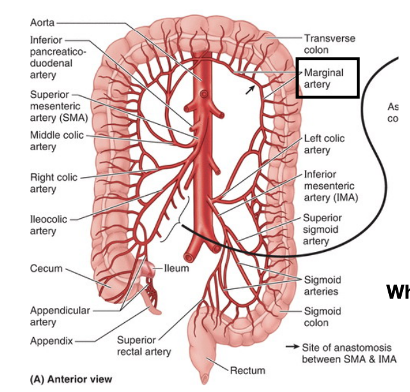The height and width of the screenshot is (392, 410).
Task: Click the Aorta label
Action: (43, 22)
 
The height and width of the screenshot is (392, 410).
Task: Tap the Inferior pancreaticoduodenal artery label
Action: (51, 58)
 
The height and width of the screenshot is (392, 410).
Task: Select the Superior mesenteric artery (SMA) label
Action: (58, 106)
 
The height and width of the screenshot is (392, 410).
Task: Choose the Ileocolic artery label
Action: (49, 224)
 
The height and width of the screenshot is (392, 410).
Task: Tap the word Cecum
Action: (46, 269)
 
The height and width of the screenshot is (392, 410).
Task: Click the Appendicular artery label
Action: (59, 316)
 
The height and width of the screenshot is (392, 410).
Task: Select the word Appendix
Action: (52, 341)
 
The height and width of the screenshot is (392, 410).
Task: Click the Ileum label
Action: (177, 268)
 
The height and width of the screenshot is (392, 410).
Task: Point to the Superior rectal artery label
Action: (144, 345)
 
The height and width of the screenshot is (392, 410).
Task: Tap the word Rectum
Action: (248, 370)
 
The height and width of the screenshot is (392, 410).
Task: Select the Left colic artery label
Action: (324, 144)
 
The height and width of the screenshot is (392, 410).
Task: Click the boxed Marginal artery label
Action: (327, 78)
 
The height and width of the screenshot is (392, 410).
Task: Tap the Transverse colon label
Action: (329, 44)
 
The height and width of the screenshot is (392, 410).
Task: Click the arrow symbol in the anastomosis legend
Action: (292, 347)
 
